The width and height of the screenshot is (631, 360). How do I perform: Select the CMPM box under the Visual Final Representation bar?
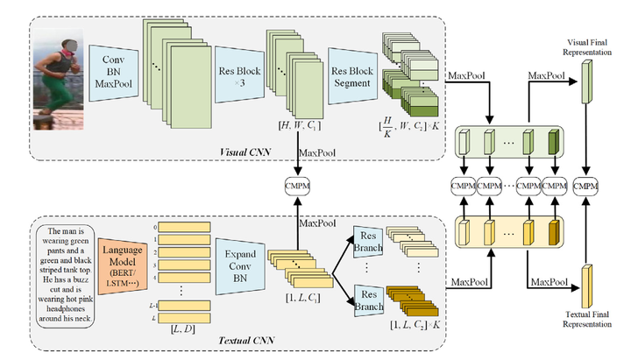585,186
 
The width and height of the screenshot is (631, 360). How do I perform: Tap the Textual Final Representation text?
585,317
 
